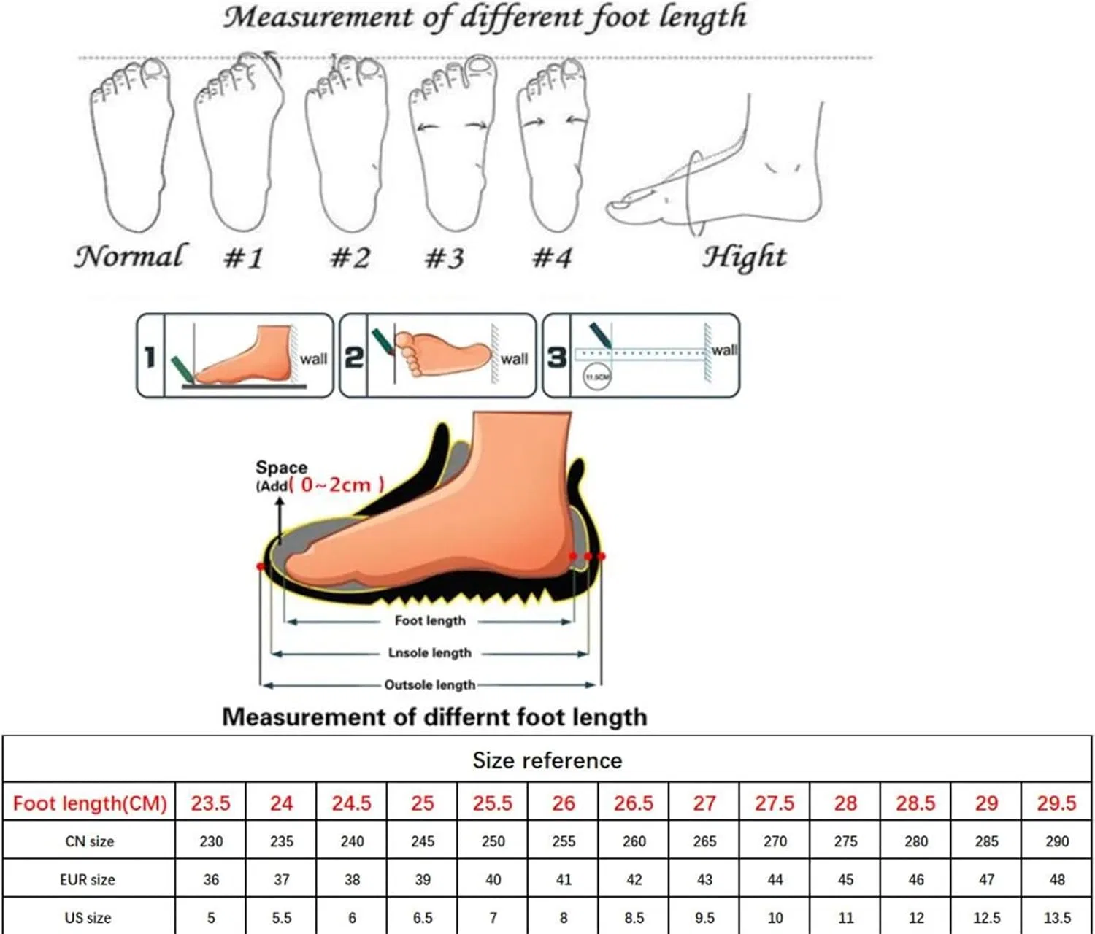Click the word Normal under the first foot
pos(131,257)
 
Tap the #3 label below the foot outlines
pos(445,258)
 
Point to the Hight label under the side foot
pos(745,258)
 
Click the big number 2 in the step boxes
pos(354,358)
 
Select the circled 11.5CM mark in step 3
pos(597,377)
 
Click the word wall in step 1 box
pos(314,359)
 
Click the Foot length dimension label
pos(430,620)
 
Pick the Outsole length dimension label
pos(430,685)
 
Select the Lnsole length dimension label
pos(430,653)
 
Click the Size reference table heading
pos(547,760)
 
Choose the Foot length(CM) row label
pos(90,803)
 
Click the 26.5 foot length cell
pos(634,803)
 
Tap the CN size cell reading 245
pos(422,841)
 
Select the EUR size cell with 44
pos(775,879)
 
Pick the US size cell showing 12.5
pos(986,918)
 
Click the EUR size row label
pos(88,879)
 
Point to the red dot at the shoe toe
pos(260,567)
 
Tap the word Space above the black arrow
pos(281,468)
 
